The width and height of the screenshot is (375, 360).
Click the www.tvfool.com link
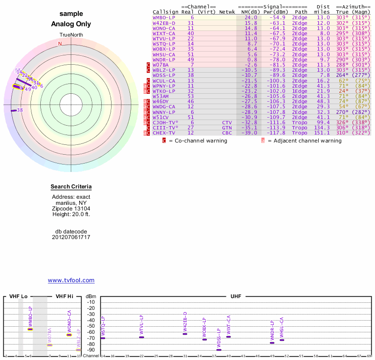click(71, 280)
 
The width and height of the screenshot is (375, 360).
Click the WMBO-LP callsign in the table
click(164, 17)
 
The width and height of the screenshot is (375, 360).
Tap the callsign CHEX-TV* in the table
click(164, 133)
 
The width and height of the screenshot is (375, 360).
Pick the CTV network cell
click(227, 122)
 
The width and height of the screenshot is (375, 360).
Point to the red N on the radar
click(60, 44)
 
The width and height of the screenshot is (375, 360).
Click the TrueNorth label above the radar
click(71, 35)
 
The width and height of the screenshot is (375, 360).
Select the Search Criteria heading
click(71, 187)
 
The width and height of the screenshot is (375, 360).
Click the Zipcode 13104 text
click(71, 209)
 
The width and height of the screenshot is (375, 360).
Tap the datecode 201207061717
click(71, 237)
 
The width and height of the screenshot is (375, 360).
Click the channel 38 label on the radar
click(20, 111)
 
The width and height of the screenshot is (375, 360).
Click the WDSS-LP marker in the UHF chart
click(219, 350)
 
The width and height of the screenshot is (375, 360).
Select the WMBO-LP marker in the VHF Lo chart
click(30, 329)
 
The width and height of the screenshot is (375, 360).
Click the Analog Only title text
click(71, 24)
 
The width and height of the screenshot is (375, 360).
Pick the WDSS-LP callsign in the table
click(164, 75)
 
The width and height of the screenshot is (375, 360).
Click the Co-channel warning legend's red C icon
click(164, 141)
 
